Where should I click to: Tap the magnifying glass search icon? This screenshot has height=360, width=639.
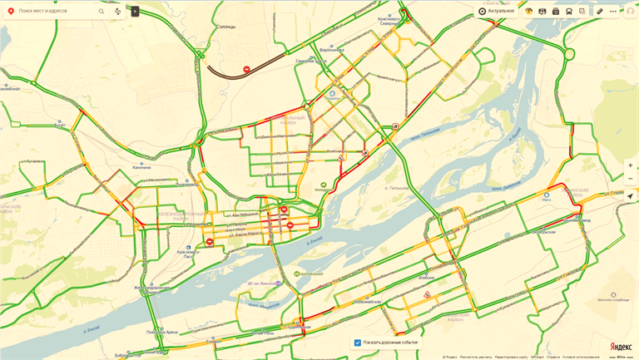[102, 12]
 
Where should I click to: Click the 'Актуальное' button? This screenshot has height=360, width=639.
[496, 11]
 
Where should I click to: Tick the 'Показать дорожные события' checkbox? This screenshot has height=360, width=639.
[358, 343]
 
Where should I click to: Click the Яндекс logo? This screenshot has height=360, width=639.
[620, 346]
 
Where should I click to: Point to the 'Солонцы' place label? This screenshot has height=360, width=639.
[226, 27]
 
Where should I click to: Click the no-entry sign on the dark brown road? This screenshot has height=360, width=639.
[246, 69]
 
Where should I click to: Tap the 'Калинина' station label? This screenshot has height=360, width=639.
[142, 167]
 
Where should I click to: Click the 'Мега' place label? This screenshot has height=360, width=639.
[547, 200]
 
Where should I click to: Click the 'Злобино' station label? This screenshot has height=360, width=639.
[427, 277]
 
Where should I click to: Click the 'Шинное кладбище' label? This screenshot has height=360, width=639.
[613, 299]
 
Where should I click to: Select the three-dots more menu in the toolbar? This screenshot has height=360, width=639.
[613, 12]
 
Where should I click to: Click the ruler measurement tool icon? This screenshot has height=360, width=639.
[599, 12]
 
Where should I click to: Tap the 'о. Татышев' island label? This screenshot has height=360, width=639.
[398, 188]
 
